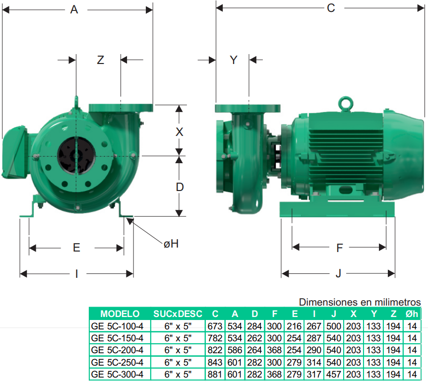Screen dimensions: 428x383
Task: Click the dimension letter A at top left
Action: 74,9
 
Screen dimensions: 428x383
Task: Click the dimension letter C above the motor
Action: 331,8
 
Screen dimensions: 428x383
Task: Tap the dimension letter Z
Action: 101,60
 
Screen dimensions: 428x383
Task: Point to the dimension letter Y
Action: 234,60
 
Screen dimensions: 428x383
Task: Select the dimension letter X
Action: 179,132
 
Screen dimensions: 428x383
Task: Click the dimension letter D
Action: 180,187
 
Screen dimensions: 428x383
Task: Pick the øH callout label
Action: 171,244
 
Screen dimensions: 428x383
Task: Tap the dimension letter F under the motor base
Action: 339,248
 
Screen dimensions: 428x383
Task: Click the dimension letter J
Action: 338,273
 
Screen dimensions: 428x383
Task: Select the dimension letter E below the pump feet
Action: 76,248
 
